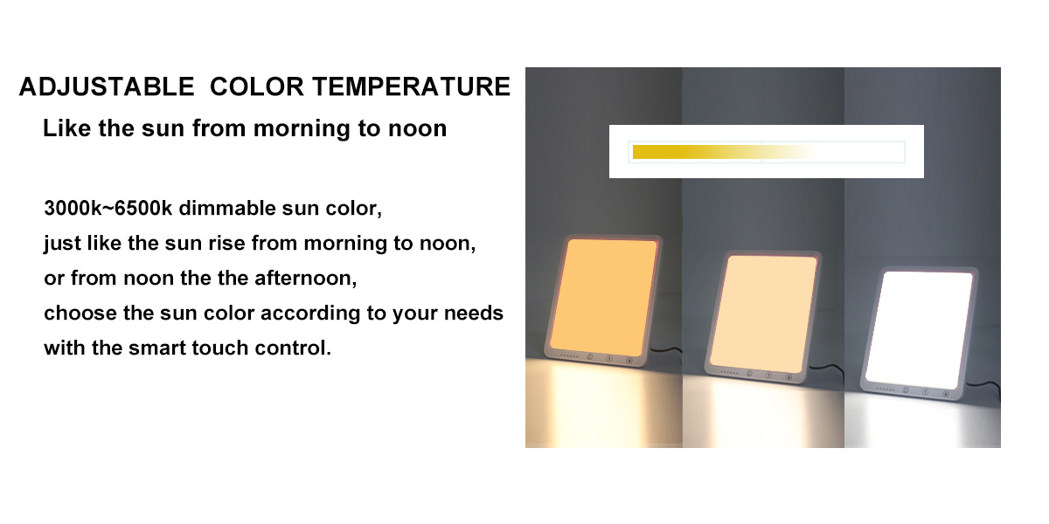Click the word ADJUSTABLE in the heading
[107, 86]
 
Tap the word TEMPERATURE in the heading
[411, 86]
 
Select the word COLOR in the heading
[257, 86]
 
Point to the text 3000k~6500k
[108, 208]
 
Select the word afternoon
[305, 279]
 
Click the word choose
[80, 313]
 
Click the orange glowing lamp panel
[604, 298]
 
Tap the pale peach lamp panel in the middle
[764, 314]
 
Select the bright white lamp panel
[920, 330]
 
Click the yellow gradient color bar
[724, 152]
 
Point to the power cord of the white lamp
[984, 390]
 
